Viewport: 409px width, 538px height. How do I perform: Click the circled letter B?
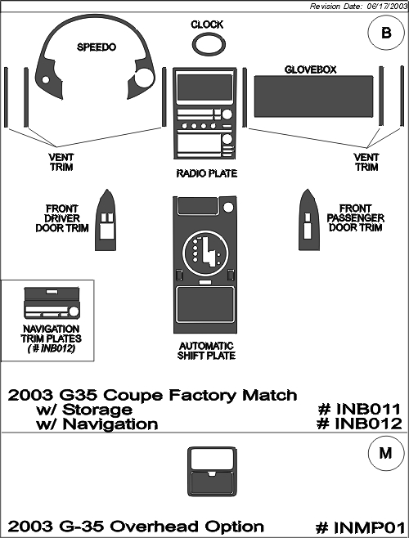(386, 33)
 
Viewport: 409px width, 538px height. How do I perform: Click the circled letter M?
(385, 453)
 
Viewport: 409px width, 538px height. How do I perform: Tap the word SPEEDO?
(97, 47)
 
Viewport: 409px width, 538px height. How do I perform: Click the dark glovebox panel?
(313, 96)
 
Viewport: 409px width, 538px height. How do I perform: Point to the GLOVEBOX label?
(311, 69)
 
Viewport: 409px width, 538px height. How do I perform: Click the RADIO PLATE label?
(207, 173)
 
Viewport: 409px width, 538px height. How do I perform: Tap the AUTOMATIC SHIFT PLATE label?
(206, 351)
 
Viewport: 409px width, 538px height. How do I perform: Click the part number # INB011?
(359, 410)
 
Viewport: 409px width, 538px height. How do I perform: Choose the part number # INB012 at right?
(359, 424)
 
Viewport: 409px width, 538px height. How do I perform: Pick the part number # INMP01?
(361, 527)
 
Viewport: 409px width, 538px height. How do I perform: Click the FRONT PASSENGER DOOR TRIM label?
(356, 218)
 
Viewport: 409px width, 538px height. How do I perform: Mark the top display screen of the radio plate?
(205, 87)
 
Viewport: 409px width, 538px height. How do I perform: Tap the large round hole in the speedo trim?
(144, 78)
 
